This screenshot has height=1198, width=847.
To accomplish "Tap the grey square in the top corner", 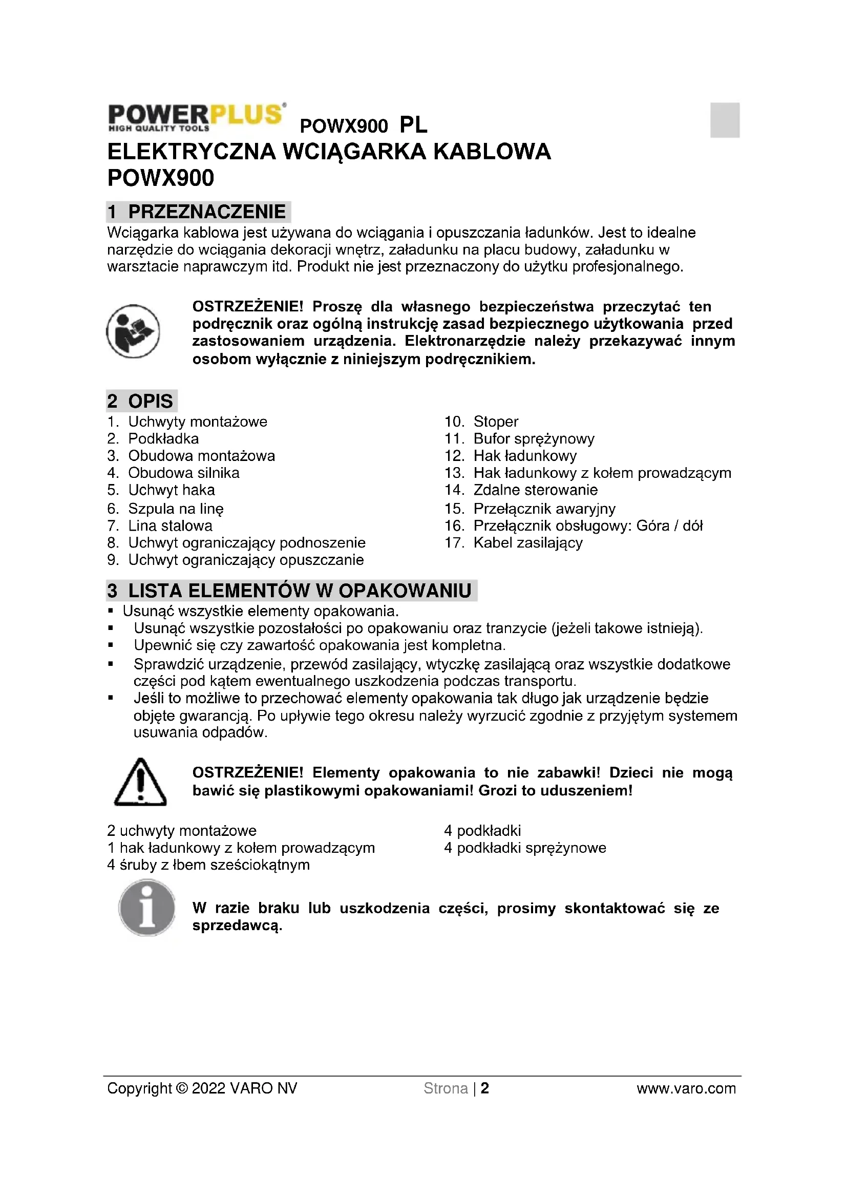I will (725, 120).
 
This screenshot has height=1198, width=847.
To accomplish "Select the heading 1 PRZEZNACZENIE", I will (198, 212).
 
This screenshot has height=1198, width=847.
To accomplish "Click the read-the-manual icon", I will (133, 331).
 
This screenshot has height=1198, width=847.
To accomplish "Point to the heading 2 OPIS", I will (141, 401).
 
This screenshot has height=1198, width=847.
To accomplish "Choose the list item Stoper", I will (496, 422).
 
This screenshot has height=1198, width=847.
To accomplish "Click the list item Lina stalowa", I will (170, 526).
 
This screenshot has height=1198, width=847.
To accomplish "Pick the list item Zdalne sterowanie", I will (535, 490).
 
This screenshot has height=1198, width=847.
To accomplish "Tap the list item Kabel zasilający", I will (527, 543).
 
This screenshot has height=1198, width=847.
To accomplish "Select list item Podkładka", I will (163, 439).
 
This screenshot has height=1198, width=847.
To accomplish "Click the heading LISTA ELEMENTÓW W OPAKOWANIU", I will (291, 591).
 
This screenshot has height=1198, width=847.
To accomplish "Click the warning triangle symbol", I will (140, 783).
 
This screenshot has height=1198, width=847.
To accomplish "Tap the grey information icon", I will (147, 908).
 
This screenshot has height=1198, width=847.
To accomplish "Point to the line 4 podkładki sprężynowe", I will (525, 848).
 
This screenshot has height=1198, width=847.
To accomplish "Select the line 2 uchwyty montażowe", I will (182, 831).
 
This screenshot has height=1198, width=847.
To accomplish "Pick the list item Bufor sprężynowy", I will (534, 439).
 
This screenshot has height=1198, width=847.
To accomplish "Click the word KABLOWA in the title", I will (492, 152).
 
